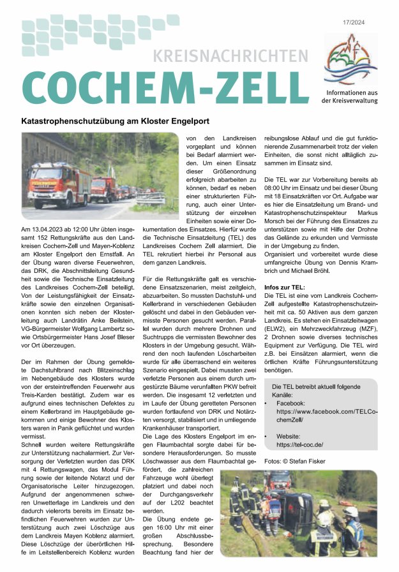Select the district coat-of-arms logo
[350, 60]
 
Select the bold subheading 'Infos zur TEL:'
[285, 288]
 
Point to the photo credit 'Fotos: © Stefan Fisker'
[294, 461]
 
